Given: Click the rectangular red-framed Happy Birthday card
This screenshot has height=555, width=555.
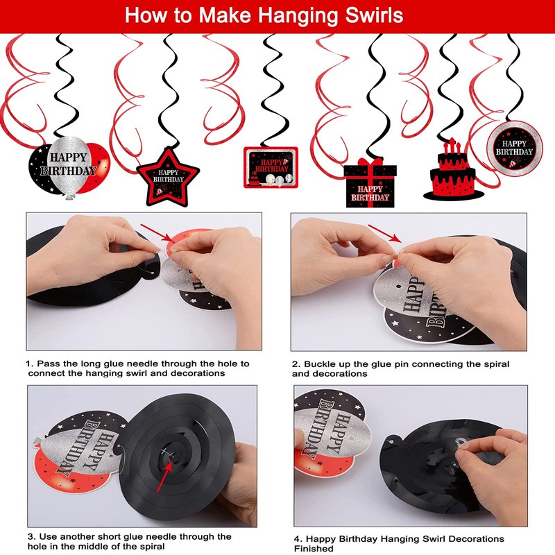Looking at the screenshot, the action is (x=271, y=167).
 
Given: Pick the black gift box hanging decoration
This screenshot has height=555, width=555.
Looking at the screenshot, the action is (x=370, y=183).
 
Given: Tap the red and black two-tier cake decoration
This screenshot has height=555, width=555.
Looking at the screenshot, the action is (x=453, y=171).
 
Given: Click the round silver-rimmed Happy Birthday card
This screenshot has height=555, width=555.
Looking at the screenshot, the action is (x=514, y=148).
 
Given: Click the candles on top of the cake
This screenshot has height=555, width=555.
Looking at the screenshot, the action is (x=452, y=146).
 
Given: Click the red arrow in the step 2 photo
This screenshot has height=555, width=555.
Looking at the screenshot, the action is (x=385, y=233).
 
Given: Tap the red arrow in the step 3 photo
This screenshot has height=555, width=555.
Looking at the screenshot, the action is (x=165, y=477).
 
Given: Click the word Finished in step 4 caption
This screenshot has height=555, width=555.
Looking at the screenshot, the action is (x=314, y=548).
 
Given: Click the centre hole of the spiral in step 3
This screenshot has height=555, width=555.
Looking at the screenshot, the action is (x=172, y=457).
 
